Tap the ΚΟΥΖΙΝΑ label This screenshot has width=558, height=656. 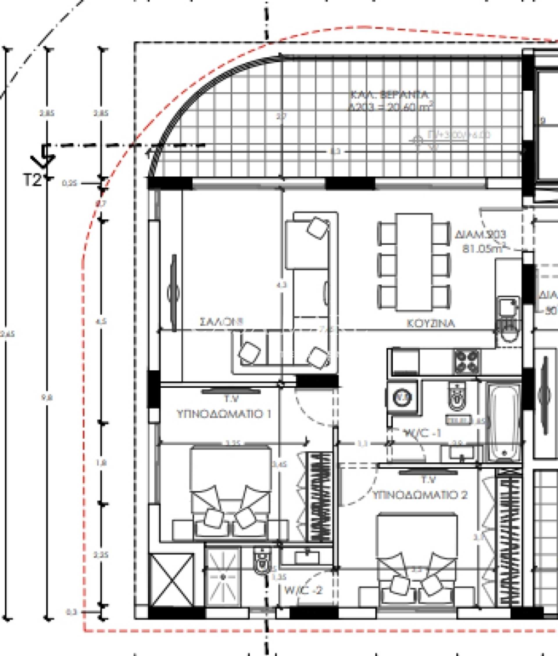coord(430,323)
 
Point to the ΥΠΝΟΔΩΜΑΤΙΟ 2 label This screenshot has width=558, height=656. coord(419,495)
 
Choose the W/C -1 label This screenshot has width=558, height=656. coord(423,433)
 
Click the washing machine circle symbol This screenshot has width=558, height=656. coord(402,397)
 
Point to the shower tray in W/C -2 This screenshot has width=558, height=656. coord(223,577)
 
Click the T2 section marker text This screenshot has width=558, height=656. coord(33,180)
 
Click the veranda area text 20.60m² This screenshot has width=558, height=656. coord(391,107)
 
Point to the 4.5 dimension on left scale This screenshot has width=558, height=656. coord(101,322)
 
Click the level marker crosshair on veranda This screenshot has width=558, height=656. coord(418,140)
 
